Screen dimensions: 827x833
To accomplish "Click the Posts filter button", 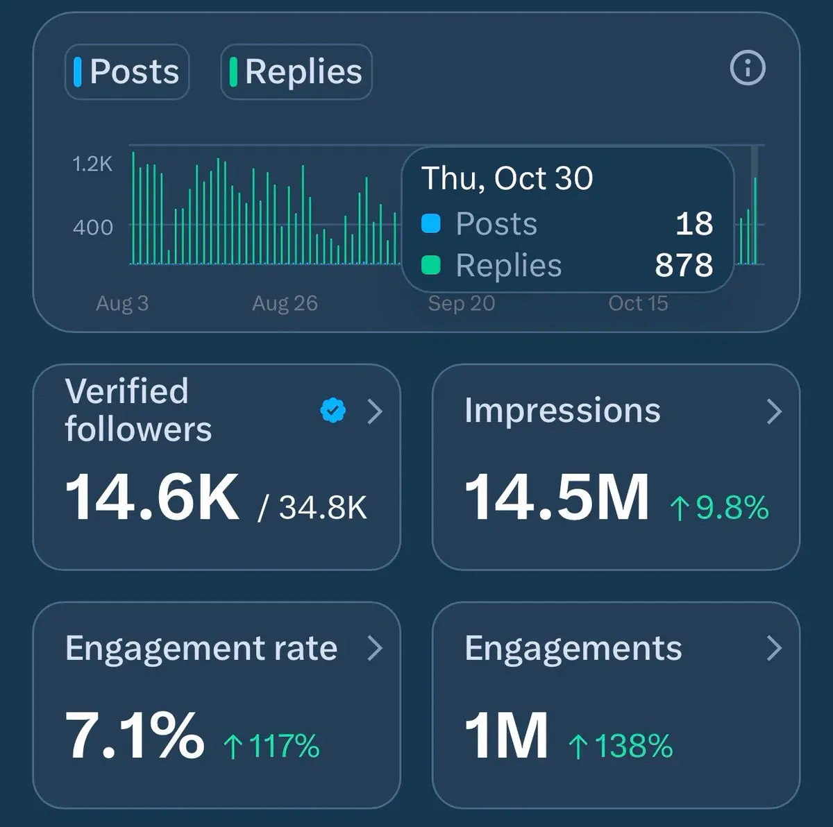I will click(x=127, y=71).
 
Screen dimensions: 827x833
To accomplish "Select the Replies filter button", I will click(x=296, y=71).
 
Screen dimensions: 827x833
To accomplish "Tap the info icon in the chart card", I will click(x=748, y=68).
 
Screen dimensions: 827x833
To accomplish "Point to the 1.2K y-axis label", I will click(x=92, y=164).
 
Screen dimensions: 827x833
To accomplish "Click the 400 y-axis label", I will click(x=93, y=227).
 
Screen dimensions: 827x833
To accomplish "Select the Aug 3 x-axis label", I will click(x=122, y=303).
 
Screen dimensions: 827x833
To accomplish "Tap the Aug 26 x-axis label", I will click(x=285, y=303).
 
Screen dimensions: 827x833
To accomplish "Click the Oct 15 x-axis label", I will click(x=638, y=303).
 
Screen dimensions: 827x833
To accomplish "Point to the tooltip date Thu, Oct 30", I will click(x=507, y=178).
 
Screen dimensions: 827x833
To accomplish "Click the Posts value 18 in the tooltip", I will click(x=694, y=223).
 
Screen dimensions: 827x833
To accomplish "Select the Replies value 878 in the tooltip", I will click(x=684, y=265).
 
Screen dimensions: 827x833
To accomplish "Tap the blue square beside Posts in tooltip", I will click(x=431, y=223).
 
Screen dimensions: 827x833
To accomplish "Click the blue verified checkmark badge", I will click(x=333, y=411).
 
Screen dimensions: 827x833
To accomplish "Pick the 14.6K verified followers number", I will click(x=152, y=497).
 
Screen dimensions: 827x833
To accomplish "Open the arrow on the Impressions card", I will click(x=774, y=411).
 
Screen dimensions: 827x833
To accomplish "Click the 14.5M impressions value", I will click(x=557, y=497).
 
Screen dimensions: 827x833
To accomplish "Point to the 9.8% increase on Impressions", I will click(x=719, y=507).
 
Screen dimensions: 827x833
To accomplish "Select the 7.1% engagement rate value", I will click(x=135, y=735).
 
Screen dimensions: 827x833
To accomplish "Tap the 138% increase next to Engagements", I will click(x=621, y=747).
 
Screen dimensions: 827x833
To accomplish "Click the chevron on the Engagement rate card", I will click(x=375, y=648).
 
